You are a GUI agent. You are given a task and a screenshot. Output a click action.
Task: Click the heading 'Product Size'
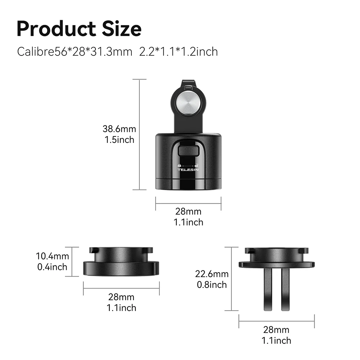click(79, 28)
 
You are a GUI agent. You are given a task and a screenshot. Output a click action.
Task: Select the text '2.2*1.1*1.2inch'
click(178, 51)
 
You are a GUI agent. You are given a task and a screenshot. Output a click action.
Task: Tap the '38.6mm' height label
click(120, 129)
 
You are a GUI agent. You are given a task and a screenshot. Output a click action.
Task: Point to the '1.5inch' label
click(120, 140)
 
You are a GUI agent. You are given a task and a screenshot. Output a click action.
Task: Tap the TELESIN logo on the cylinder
click(188, 170)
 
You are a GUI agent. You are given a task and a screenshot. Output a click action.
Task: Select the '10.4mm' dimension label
click(53, 256)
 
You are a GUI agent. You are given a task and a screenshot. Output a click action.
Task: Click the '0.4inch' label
click(53, 267)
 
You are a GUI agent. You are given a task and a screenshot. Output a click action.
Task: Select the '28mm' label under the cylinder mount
click(188, 212)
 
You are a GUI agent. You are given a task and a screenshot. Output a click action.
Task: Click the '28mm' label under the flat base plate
click(121, 297)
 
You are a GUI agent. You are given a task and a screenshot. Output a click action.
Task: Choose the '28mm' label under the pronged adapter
click(276, 329)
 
